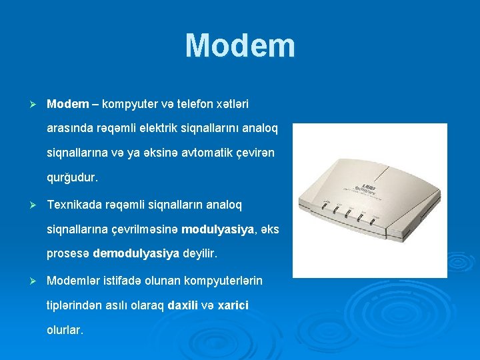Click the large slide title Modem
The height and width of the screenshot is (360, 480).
pyautogui.click(x=240, y=45)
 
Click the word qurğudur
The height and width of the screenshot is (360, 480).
pyautogui.click(x=72, y=178)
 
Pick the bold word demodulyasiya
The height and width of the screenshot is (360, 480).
pyautogui.click(x=137, y=253)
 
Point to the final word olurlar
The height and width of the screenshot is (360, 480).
pyautogui.click(x=65, y=329)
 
